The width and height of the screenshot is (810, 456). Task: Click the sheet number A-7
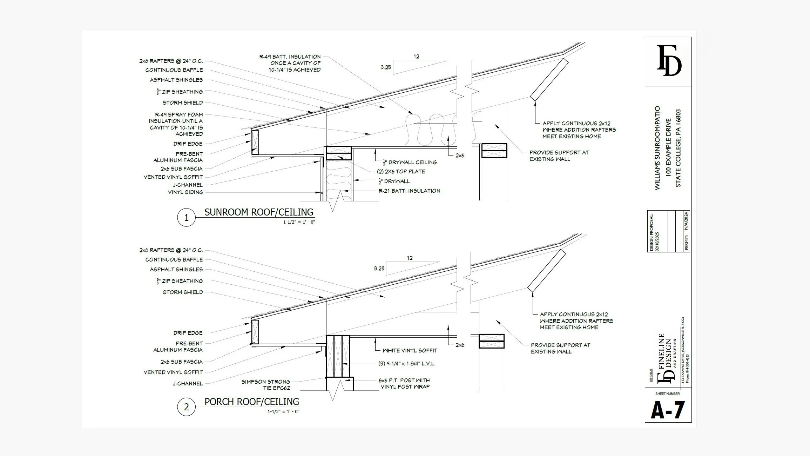click(x=668, y=410)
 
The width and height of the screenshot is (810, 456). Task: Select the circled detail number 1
click(x=186, y=218)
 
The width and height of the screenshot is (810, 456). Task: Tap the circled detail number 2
click(x=186, y=407)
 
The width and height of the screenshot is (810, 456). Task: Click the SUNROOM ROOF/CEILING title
click(x=259, y=212)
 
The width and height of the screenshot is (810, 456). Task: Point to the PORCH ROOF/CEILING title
click(x=252, y=402)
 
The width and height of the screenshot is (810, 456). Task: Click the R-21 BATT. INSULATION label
click(x=409, y=191)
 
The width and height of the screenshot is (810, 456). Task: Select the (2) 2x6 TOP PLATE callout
click(x=401, y=171)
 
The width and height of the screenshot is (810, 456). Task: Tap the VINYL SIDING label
click(x=185, y=192)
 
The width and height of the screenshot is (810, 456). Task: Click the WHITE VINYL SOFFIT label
click(x=410, y=350)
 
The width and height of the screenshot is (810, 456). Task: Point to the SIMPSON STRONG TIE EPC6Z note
click(x=265, y=385)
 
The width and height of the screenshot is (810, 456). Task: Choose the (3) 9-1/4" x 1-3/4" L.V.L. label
click(x=407, y=364)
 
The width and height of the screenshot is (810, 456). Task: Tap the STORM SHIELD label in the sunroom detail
click(x=183, y=103)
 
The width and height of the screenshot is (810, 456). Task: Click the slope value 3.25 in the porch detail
click(x=379, y=269)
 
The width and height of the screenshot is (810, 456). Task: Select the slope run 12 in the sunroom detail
click(x=416, y=56)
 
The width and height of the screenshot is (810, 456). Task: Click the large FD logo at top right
click(x=669, y=61)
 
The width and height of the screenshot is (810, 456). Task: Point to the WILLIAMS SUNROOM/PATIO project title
click(x=657, y=148)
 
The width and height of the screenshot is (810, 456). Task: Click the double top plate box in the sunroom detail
click(x=339, y=153)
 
